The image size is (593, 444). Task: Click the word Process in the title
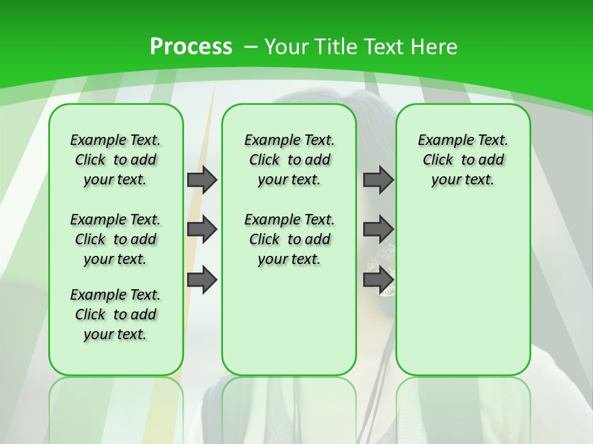[191, 46]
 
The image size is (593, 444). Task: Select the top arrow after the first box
[202, 179]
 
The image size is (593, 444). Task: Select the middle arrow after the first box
[202, 229]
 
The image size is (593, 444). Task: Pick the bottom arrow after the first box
[202, 280]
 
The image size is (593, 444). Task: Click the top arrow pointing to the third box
[378, 179]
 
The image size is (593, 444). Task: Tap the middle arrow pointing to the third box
[378, 229]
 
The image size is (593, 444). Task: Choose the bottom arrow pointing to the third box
[378, 280]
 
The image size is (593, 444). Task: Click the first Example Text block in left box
[116, 160]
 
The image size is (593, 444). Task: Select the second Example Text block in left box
[116, 239]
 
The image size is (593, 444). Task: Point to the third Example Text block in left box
[116, 314]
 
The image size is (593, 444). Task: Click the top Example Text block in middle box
[289, 160]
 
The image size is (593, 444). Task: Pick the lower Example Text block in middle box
[289, 239]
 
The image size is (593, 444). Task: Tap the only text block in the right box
[463, 160]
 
